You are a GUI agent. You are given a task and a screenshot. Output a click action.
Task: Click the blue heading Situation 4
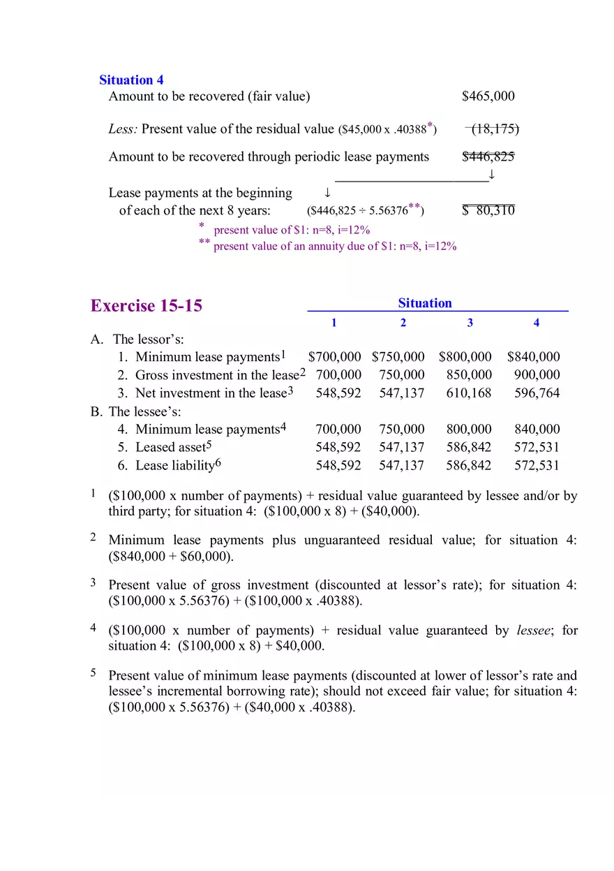(131, 80)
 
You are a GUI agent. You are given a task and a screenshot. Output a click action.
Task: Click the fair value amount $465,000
(488, 96)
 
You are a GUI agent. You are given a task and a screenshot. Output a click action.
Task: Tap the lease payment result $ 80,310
(488, 210)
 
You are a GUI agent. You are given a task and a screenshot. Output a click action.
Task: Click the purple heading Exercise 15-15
(147, 306)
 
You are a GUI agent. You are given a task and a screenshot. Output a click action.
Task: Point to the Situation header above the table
(424, 303)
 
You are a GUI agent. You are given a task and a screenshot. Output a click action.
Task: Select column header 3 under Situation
(470, 323)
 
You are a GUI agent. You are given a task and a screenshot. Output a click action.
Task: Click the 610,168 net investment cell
(469, 393)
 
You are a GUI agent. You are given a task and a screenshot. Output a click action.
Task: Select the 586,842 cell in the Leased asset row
(469, 448)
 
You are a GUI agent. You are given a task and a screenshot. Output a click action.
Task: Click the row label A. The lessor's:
(137, 339)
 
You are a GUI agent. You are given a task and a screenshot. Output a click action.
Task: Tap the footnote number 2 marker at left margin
(93, 537)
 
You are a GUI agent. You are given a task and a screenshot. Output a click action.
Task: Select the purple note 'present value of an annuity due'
(335, 246)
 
